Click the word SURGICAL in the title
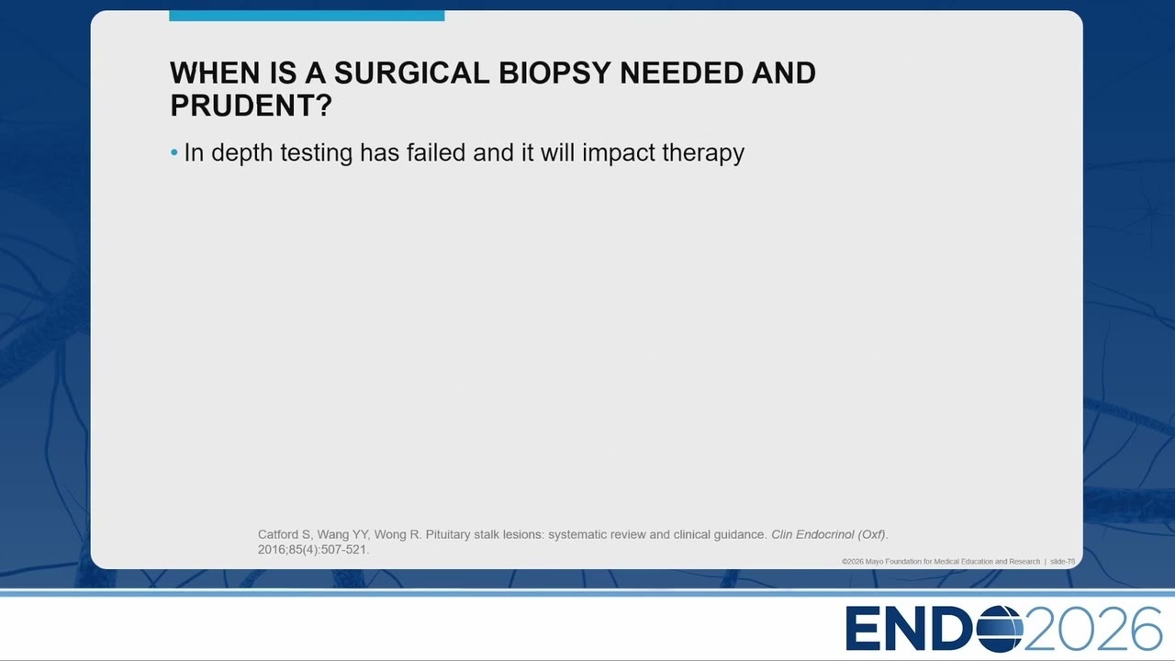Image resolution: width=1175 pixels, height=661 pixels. (x=412, y=73)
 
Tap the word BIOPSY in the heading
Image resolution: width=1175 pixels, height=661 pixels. (x=554, y=73)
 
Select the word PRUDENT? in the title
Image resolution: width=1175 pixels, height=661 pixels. (x=252, y=106)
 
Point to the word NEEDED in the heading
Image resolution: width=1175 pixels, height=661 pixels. (x=681, y=73)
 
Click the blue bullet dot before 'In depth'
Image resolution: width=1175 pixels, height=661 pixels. (x=174, y=152)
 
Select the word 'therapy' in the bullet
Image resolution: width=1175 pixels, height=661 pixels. (x=703, y=153)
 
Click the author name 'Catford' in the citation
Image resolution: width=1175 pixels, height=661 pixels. (x=277, y=534)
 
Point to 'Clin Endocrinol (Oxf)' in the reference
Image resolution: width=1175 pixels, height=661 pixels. (x=828, y=534)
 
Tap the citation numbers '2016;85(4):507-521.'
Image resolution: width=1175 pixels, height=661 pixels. (x=313, y=550)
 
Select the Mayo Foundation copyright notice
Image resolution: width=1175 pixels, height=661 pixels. (x=941, y=561)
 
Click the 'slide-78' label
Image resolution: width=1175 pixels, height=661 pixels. (x=1062, y=561)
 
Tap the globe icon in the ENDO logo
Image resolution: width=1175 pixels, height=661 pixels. (x=1000, y=629)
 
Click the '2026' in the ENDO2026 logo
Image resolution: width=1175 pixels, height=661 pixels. (x=1092, y=629)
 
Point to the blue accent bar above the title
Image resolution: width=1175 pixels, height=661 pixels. (x=307, y=16)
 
